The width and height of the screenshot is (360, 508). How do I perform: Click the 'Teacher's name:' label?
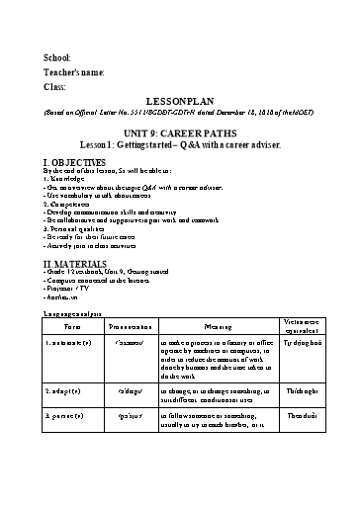(73, 72)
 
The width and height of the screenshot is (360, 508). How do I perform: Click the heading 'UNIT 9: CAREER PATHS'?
(179, 130)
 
